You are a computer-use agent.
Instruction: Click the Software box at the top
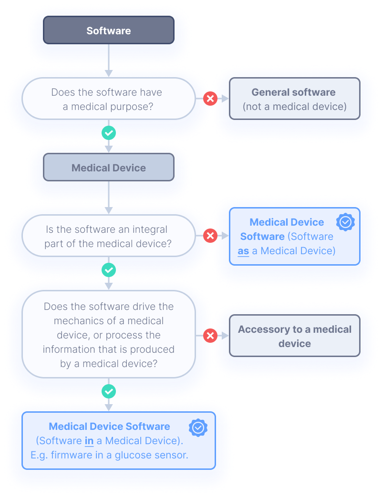coord(109,30)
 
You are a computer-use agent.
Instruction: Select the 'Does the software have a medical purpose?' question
coord(109,99)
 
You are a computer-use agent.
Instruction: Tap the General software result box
coord(294,99)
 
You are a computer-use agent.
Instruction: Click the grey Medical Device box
coord(109,168)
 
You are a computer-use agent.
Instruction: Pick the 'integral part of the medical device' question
coord(109,236)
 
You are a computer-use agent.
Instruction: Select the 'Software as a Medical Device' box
coord(294,236)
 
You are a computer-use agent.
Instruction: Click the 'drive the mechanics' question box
coord(109,335)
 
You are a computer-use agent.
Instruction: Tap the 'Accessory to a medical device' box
coord(294,336)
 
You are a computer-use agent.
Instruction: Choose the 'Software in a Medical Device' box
coord(119,441)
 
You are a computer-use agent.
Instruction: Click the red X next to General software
coord(210,99)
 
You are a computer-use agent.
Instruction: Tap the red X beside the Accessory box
coord(210,336)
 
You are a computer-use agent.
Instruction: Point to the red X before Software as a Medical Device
coord(210,236)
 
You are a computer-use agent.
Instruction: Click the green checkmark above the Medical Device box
coord(109,133)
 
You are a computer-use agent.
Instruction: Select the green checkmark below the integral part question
coord(109,270)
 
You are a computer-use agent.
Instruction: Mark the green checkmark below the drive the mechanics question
coord(109,391)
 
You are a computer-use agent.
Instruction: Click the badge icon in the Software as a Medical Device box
coord(345,222)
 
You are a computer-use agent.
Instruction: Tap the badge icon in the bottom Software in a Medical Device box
coord(198,427)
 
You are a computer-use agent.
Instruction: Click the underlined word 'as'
coord(243,251)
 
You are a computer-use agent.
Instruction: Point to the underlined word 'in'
coord(89,441)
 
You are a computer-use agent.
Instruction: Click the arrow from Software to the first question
coord(109,60)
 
